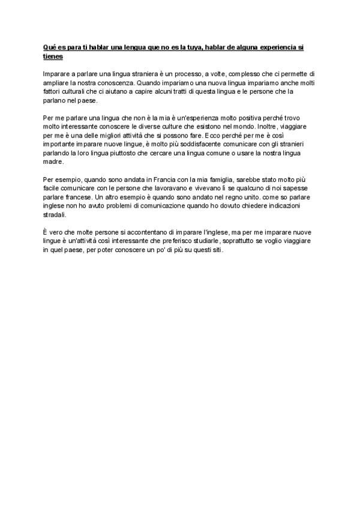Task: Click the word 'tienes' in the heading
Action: [53, 56]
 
